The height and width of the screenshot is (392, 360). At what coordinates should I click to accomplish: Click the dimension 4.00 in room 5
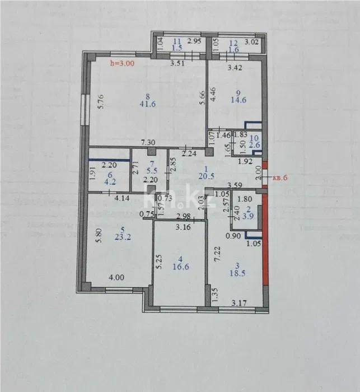tap(115, 276)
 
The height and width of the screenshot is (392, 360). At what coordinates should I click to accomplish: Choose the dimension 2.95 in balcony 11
tap(194, 41)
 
